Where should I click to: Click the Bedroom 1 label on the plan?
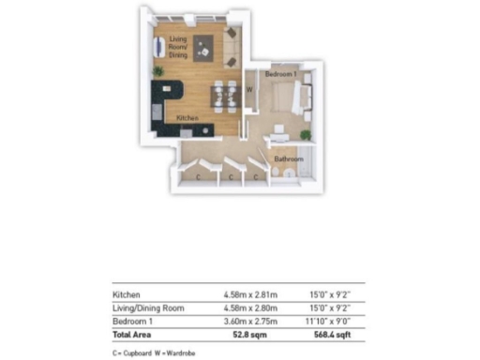tap(281, 74)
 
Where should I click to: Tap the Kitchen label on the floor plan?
tap(187, 117)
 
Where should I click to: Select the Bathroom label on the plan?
tap(286, 159)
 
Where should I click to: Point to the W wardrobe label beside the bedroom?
tap(248, 90)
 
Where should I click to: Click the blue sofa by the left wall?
tap(157, 46)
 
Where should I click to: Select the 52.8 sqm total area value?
tap(243, 333)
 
